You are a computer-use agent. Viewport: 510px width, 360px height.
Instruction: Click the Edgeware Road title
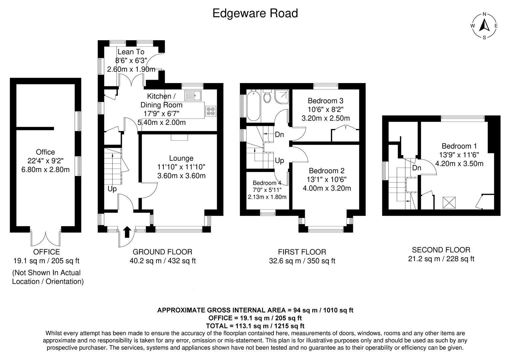pos(255,13)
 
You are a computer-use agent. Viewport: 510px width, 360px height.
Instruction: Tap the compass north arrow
pos(484,25)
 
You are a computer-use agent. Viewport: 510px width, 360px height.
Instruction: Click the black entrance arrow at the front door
pos(127,232)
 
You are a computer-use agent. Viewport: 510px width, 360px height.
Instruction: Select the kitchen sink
pos(193,95)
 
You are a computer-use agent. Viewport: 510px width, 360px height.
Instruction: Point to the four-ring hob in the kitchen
pos(211,111)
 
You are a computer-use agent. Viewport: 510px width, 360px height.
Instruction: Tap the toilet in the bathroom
pos(267,97)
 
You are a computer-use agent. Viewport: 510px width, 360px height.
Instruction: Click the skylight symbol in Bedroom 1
pos(449,203)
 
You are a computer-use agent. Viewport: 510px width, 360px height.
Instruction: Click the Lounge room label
pos(181,158)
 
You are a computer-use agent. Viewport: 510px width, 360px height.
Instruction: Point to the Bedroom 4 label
pos(267,183)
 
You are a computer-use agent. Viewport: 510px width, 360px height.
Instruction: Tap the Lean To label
pos(131,52)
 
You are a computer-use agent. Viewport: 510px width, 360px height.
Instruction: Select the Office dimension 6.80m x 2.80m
pos(45,169)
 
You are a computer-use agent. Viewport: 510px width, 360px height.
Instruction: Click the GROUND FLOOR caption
pos(162,252)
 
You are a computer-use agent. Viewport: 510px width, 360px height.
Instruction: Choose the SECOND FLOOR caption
pos(441,250)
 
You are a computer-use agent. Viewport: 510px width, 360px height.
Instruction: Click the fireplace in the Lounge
pos(179,137)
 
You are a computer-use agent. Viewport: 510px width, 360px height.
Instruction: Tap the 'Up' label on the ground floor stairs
pos(112,189)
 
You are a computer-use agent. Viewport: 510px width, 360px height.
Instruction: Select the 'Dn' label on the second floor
pos(417,168)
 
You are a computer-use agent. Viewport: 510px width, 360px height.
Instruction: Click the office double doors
pos(46,237)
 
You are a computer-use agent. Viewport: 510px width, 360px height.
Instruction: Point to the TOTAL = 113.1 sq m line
pos(255,326)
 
